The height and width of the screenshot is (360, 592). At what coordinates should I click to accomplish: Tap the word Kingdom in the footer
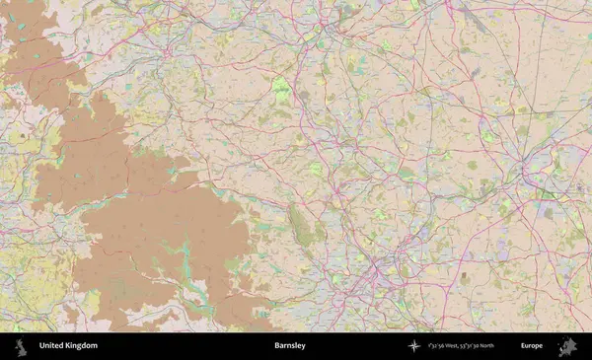tap(81, 346)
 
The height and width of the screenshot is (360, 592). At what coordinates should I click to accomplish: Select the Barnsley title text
tap(290, 346)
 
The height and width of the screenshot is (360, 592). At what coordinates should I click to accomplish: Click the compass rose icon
tap(413, 346)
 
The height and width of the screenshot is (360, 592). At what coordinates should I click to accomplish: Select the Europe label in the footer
tap(532, 346)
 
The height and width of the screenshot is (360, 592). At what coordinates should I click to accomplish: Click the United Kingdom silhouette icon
tap(21, 346)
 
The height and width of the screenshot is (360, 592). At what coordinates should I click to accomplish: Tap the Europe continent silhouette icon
tap(566, 346)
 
